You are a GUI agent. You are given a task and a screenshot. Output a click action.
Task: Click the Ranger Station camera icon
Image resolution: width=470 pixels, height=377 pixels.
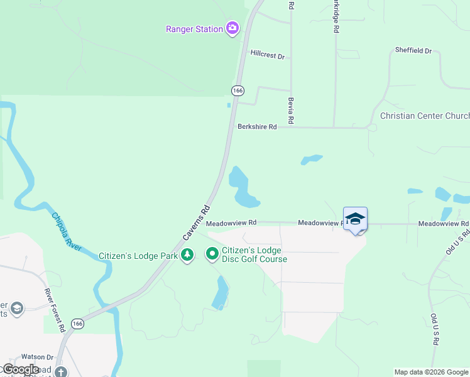[233, 28]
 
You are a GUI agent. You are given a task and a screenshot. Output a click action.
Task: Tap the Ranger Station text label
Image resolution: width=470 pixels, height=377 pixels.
[194, 29]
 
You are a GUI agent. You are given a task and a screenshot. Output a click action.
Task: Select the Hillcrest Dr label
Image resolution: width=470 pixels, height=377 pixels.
[267, 56]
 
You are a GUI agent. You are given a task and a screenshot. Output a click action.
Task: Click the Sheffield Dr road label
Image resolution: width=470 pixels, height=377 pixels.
[413, 50]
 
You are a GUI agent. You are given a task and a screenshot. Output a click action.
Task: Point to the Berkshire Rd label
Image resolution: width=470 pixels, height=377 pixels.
[257, 127]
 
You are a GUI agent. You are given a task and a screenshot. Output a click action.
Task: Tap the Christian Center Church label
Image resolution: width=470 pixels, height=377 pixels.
[425, 116]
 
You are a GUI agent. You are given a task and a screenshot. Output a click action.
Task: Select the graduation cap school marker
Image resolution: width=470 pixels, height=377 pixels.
[355, 219]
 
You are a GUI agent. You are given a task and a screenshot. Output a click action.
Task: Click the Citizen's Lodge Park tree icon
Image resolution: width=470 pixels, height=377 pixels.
[187, 255]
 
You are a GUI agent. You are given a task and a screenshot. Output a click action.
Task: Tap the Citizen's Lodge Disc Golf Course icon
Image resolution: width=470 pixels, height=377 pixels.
[212, 254]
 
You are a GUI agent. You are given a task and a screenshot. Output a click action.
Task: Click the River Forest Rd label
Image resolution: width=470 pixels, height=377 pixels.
[54, 310]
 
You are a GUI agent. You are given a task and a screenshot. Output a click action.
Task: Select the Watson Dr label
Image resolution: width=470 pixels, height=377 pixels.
[38, 357]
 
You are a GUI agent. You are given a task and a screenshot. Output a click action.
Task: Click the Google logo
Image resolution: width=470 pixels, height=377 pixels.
[21, 369]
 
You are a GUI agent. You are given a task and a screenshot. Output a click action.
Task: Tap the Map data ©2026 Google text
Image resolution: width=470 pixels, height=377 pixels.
[431, 372]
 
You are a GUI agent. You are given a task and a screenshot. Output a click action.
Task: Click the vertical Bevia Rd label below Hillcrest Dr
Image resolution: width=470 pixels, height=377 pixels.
[292, 109]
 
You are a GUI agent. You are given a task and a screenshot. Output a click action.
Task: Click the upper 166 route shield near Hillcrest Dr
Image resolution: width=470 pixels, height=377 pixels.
[237, 90]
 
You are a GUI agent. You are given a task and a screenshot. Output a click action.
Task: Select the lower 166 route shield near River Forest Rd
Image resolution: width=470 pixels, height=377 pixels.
[77, 324]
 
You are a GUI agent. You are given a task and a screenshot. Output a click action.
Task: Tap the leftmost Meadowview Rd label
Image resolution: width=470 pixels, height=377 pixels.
[231, 222]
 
